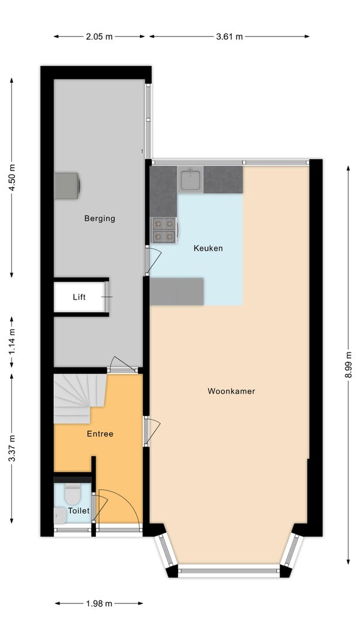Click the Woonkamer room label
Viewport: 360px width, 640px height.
click(231, 391)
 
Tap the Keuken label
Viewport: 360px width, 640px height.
click(208, 248)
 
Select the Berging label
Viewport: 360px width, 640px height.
click(100, 219)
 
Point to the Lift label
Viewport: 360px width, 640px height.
click(79, 297)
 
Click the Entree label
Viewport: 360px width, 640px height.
click(100, 434)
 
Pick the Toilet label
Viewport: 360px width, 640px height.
click(79, 510)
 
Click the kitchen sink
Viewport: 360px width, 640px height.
click(190, 179)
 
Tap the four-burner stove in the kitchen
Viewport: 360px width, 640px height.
click(164, 230)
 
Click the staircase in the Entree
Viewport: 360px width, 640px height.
click(80, 398)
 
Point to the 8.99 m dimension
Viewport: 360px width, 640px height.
click(348, 364)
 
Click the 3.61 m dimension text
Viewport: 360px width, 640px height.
click(229, 37)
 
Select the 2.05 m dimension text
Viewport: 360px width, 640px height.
click(99, 37)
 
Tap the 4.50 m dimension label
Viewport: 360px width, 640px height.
click(12, 178)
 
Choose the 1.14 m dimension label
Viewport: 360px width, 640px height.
click(12, 342)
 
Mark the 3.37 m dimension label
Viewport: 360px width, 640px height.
click(12, 448)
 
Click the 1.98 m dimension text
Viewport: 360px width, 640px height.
click(98, 603)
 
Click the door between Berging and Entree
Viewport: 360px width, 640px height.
click(123, 366)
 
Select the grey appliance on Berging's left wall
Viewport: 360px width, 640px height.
click(67, 186)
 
